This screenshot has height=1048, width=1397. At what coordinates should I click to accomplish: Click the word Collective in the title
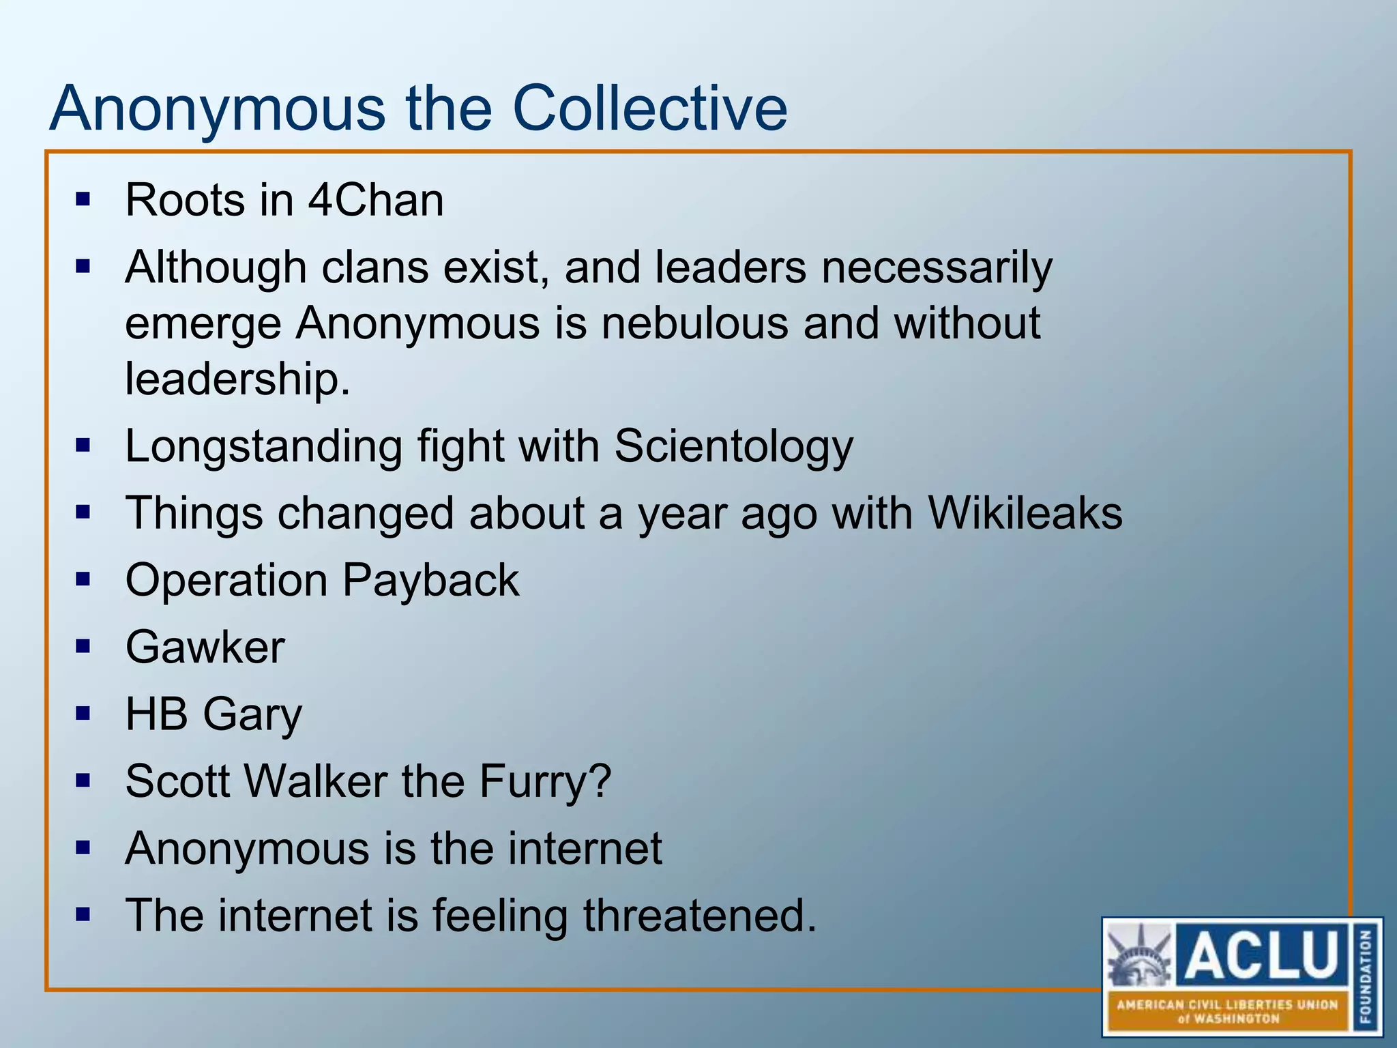[x=649, y=108]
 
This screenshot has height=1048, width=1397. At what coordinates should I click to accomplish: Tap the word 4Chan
[x=376, y=201]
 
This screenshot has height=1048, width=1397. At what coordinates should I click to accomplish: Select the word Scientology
[x=733, y=448]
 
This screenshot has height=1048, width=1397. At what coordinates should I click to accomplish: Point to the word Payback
[x=430, y=581]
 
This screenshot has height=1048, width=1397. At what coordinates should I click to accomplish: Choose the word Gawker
[x=205, y=647]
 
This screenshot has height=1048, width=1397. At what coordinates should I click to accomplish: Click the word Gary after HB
[x=252, y=716]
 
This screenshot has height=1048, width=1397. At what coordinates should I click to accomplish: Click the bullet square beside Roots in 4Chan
[x=83, y=200]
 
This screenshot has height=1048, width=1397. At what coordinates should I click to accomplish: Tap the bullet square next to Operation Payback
[x=83, y=580]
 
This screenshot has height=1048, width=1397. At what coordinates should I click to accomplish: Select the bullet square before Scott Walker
[x=83, y=781]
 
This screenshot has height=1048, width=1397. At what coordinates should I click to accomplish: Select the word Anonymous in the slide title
[x=217, y=108]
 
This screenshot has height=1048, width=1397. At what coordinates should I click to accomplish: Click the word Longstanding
[x=263, y=448]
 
